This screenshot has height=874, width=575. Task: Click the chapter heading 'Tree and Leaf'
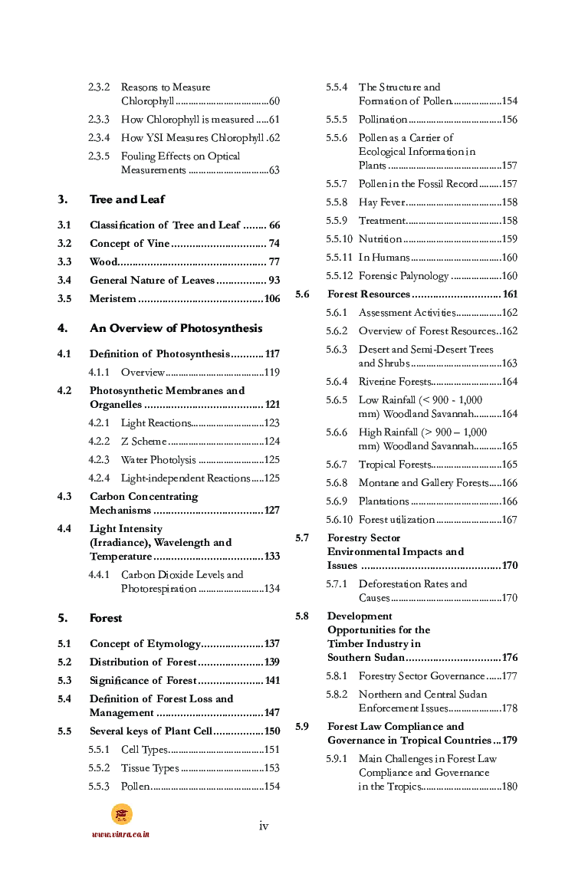127,199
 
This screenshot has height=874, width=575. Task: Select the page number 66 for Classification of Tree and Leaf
274,225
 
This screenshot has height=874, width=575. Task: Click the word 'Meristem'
113,299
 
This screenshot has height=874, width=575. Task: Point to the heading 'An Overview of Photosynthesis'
176,328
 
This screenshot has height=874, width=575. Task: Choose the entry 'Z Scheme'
143,442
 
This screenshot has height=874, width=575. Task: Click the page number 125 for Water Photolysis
271,460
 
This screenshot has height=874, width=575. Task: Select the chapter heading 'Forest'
105,618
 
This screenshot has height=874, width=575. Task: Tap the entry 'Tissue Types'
149,768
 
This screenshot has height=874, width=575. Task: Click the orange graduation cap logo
121,814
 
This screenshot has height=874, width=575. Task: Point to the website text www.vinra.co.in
120,834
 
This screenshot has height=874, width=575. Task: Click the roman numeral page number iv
264,826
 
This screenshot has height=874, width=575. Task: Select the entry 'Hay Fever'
380,202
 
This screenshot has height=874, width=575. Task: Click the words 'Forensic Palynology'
403,276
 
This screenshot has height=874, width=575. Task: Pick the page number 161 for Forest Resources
509,294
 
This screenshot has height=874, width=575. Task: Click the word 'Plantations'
383,501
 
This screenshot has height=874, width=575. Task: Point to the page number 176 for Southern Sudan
509,658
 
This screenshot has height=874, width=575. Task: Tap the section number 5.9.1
337,759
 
